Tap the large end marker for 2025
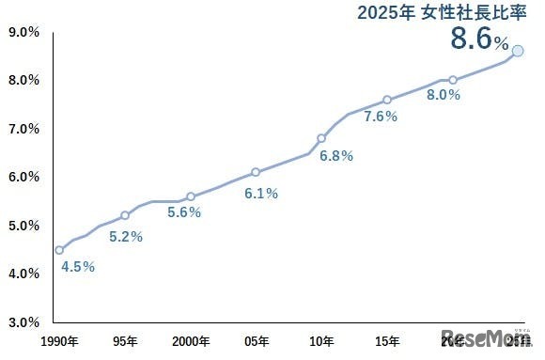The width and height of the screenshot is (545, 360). pos(518,51)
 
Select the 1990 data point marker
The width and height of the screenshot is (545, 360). pos(59,250)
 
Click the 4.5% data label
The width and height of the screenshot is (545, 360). pos(78,267)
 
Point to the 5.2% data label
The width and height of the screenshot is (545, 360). pos(126,237)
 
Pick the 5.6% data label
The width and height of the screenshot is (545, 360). pos(184,212)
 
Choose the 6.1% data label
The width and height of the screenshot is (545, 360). pos(260,194)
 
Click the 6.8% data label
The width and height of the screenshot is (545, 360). pos(335,156)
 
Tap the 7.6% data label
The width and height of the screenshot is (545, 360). pos(381,117)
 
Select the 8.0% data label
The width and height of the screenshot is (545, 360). pos(444,95)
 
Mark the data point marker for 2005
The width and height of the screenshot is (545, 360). pos(256,172)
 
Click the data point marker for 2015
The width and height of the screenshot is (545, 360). pos(387,100)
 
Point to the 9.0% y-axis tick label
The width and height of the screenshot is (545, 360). pos(23,32)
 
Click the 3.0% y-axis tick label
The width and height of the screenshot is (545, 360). pos(23,322)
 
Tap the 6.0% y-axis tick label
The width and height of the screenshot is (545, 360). pos(23,177)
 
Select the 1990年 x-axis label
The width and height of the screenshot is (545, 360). pos(59,340)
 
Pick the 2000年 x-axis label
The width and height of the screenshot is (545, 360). pos(191,340)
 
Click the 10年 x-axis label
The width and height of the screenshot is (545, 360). pos(321,340)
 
